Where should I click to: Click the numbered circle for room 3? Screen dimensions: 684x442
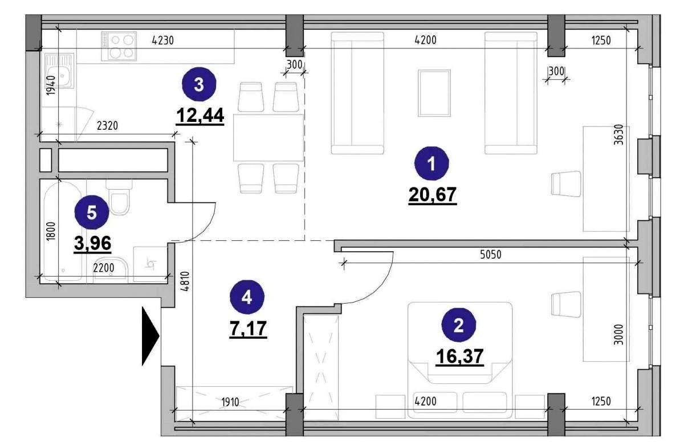(199, 84)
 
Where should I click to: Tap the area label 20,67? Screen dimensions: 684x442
(433, 194)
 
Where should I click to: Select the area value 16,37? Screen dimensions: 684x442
(460, 356)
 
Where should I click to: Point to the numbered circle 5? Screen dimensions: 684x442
(92, 212)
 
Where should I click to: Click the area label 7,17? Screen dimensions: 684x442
(249, 329)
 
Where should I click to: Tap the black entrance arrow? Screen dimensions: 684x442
(150, 336)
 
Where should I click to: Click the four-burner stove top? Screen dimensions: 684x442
(119, 46)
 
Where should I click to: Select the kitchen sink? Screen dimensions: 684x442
(59, 71)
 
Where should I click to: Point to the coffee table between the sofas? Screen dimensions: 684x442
(434, 93)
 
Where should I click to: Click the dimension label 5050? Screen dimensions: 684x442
(490, 255)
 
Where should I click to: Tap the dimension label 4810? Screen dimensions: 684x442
(185, 281)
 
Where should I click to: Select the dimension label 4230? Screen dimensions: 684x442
(163, 40)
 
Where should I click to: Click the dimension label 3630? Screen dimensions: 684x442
(618, 134)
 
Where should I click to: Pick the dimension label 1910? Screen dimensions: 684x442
(230, 402)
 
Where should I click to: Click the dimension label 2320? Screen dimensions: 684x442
(107, 126)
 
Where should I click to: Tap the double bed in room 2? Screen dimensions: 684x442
(460, 360)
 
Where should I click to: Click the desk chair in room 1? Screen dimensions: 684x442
(566, 183)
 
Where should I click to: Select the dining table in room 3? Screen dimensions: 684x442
(268, 138)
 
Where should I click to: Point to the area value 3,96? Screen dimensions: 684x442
(92, 243)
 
